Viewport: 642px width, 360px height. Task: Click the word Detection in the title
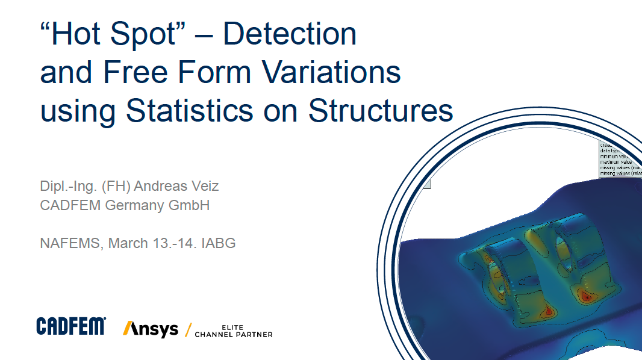click(x=290, y=34)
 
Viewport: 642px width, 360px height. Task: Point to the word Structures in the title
click(x=380, y=111)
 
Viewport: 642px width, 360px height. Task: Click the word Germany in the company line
click(x=136, y=205)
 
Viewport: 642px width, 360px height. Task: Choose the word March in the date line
click(x=128, y=243)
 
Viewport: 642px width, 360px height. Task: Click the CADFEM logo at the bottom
click(x=71, y=326)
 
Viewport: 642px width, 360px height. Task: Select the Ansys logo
click(x=151, y=329)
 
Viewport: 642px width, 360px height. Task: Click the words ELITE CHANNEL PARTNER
click(x=233, y=331)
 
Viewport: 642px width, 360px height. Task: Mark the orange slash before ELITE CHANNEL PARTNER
click(x=189, y=329)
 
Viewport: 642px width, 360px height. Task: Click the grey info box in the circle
click(x=620, y=160)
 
